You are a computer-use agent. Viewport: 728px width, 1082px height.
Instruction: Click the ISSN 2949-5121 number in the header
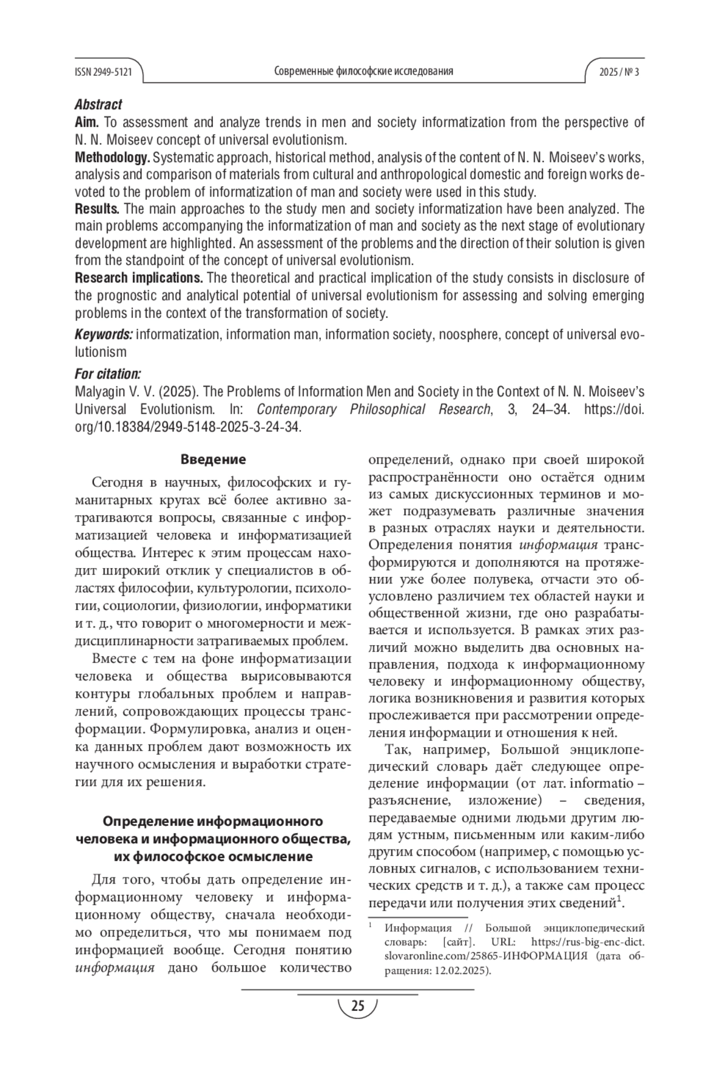[x=103, y=72]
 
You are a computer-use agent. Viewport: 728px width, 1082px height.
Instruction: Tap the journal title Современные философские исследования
[x=363, y=72]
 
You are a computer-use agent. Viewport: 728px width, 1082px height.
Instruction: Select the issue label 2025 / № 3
[x=618, y=72]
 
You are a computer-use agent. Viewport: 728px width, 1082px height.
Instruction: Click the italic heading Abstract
[x=98, y=104]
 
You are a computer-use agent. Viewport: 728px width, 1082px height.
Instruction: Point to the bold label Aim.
[x=87, y=122]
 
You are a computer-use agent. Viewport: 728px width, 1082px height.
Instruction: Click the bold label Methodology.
[x=112, y=157]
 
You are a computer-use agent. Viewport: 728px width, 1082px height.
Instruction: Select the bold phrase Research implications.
[x=139, y=278]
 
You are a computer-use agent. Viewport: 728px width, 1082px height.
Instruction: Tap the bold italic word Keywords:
[x=104, y=334]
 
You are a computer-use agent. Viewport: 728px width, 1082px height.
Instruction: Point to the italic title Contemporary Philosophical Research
[x=374, y=409]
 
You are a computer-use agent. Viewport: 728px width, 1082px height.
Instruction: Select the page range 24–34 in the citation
[x=550, y=409]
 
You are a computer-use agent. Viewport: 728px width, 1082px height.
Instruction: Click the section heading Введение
[x=213, y=459]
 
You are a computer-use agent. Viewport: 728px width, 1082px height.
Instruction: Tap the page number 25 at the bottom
[x=357, y=1006]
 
